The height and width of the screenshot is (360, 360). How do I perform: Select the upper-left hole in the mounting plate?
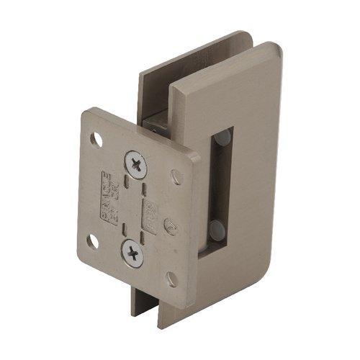point(94,138)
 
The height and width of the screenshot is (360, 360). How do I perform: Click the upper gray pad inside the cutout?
point(224,137)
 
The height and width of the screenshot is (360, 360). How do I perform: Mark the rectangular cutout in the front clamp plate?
point(218,187)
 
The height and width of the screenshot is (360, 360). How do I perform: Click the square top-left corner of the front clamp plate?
point(173,90)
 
